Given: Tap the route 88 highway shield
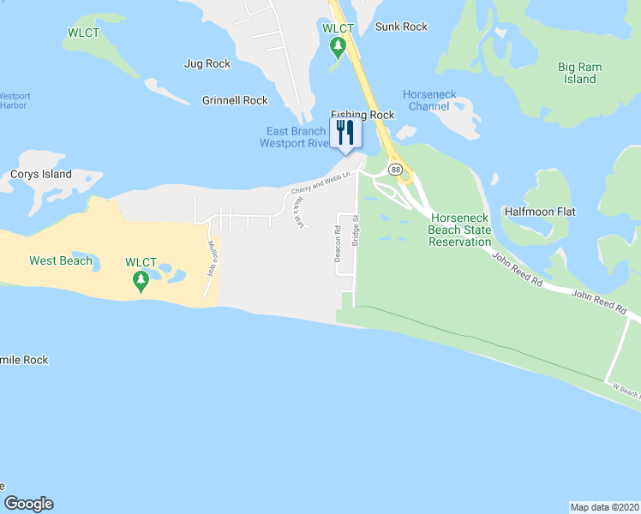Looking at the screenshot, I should pyautogui.click(x=395, y=170).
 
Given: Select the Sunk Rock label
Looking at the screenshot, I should pyautogui.click(x=401, y=27).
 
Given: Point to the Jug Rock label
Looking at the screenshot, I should pyautogui.click(x=207, y=63).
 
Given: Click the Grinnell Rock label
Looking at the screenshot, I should pyautogui.click(x=235, y=100).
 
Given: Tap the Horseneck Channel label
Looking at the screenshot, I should pyautogui.click(x=429, y=100).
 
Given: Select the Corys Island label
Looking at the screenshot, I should pyautogui.click(x=41, y=174).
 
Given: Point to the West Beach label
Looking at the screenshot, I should pyautogui.click(x=60, y=260).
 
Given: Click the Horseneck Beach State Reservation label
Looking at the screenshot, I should pyautogui.click(x=460, y=230).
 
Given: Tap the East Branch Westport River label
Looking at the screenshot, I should pyautogui.click(x=296, y=137).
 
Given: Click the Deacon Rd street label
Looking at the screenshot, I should pyautogui.click(x=337, y=244).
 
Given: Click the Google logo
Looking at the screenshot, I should pyautogui.click(x=28, y=504).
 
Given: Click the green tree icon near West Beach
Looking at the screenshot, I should pyautogui.click(x=140, y=281).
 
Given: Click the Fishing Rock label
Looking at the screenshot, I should pyautogui.click(x=362, y=115).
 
